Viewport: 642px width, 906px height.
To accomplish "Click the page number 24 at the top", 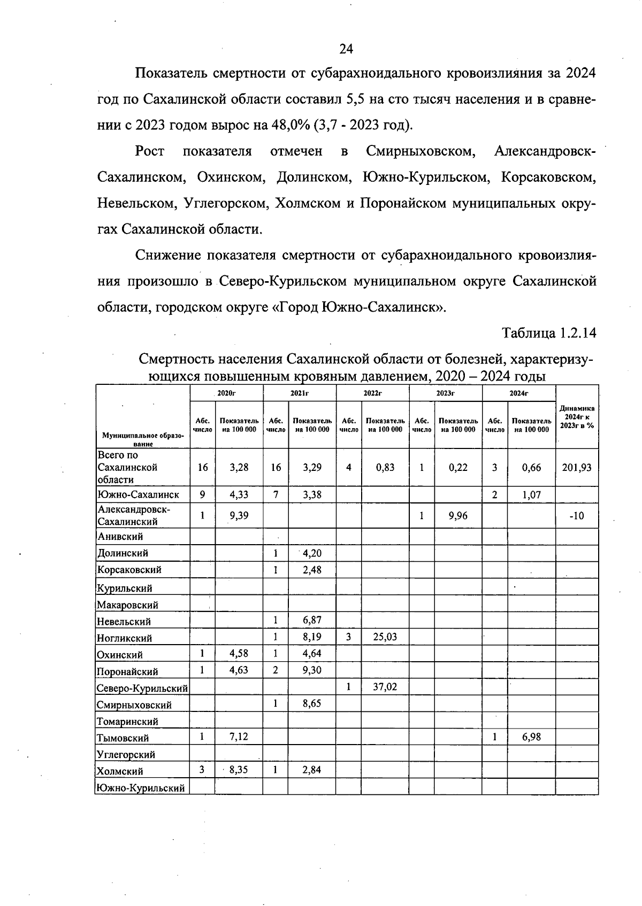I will point(346,49).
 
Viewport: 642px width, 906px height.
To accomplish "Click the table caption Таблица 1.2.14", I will point(548,333).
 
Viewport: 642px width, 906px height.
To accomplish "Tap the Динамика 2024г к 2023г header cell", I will point(577,417).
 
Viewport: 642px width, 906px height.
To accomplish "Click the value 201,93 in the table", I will point(577,467).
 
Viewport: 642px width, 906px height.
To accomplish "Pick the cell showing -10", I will point(577,516).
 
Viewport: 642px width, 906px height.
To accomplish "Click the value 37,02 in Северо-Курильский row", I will point(385,687).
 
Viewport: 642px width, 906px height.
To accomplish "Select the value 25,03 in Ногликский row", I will point(385,637).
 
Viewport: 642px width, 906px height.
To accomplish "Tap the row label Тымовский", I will point(123,738).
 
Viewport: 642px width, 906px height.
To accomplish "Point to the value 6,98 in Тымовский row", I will point(531,737).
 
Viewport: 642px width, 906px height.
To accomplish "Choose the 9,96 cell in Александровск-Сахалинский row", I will point(458,516).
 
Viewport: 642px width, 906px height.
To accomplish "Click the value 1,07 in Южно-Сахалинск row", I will point(531,495).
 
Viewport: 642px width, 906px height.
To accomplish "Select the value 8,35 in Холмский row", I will point(239,770).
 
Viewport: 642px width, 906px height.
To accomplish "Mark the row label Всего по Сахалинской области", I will point(127,467).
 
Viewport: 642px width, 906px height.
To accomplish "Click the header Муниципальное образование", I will point(142,439).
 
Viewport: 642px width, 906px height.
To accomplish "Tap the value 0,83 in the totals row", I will point(385,467).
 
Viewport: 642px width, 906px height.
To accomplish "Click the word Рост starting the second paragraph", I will point(149,151).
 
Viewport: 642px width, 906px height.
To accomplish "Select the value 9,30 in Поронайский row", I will point(312,670).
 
